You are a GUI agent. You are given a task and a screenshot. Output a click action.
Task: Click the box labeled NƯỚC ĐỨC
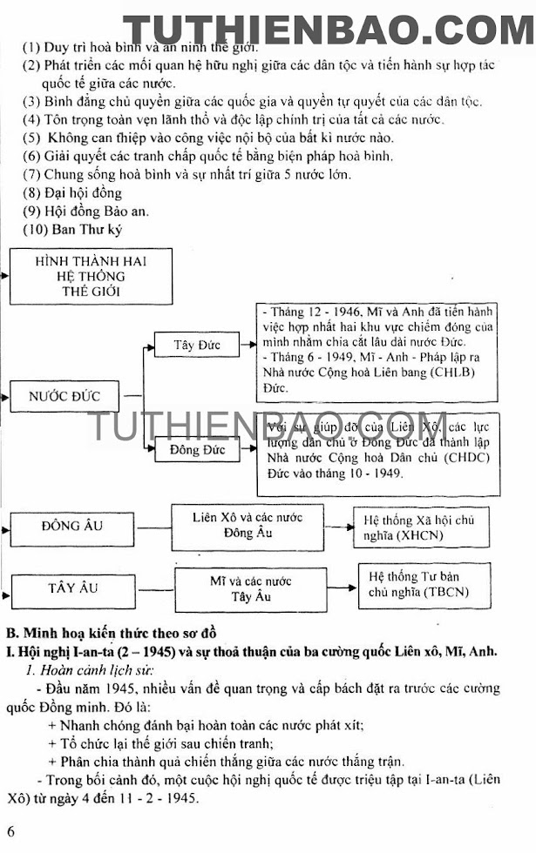(x=64, y=396)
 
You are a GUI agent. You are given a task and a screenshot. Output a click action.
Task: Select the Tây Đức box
(x=196, y=345)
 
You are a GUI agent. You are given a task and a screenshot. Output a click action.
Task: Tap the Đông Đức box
(x=196, y=450)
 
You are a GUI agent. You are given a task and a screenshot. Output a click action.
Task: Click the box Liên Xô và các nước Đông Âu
(x=248, y=526)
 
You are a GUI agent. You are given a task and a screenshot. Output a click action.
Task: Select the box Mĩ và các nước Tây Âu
(x=251, y=589)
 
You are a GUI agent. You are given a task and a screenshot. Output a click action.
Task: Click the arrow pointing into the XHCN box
(x=344, y=527)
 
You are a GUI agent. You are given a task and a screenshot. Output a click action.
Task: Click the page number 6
(x=10, y=830)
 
